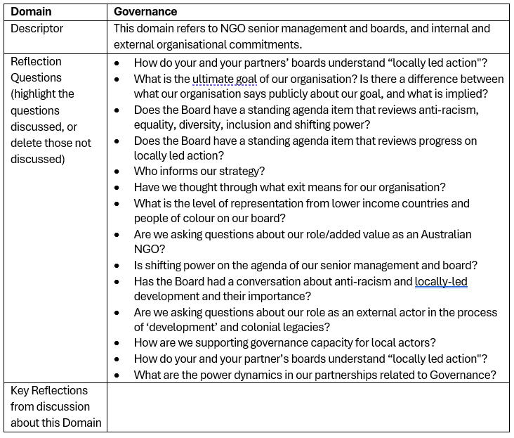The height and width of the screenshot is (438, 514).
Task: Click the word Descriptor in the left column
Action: point(37,29)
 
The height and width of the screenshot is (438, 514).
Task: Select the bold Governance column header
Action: point(145,12)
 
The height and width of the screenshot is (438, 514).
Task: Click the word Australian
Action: point(437,234)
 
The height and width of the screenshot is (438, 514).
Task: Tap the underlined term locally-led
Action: point(441,281)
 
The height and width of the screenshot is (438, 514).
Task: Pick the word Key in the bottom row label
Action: point(20,391)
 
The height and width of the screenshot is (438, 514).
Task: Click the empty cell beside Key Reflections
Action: point(309,407)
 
